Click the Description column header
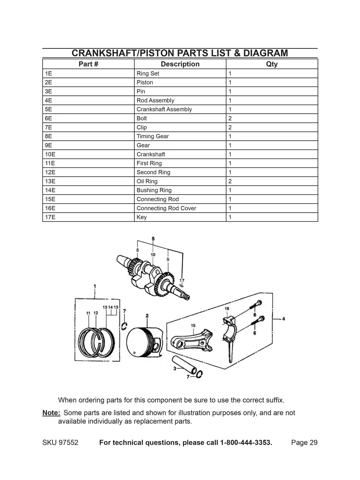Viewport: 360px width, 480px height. [x=180, y=64]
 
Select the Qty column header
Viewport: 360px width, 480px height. [x=272, y=64]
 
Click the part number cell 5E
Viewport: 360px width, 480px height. [x=49, y=109]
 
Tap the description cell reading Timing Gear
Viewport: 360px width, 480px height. [x=153, y=136]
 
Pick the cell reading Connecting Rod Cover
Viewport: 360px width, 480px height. [x=166, y=208]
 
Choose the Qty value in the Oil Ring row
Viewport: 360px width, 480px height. [x=230, y=181]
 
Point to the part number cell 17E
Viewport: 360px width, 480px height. [x=50, y=217]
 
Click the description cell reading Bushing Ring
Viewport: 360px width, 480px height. [x=154, y=190]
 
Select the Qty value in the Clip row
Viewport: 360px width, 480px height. [x=230, y=128]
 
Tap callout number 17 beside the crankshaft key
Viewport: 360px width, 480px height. [x=182, y=280]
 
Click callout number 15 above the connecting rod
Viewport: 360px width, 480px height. [x=193, y=325]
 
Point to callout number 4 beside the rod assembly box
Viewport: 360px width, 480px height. [x=284, y=318]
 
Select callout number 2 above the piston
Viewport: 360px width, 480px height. [x=147, y=315]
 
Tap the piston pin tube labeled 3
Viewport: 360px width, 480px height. [x=184, y=364]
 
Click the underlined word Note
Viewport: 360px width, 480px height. [x=51, y=413]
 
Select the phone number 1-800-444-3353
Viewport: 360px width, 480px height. [x=246, y=443]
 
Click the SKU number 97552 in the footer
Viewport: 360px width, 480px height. [x=68, y=443]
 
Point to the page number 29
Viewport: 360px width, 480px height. [x=313, y=443]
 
